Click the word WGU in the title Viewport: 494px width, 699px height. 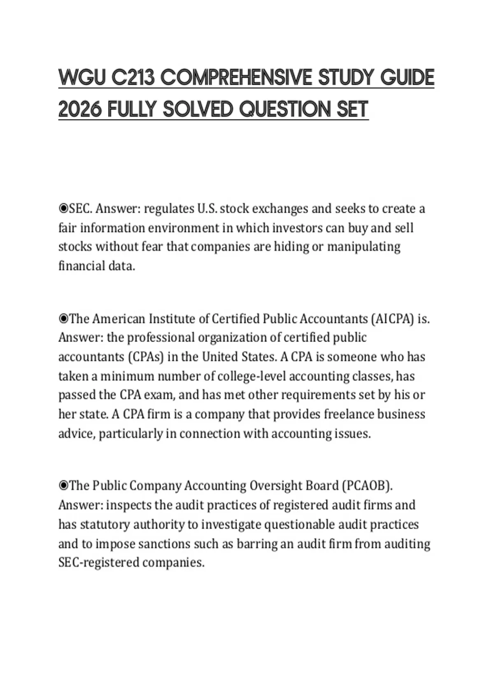tap(82, 78)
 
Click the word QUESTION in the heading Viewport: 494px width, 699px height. tap(285, 109)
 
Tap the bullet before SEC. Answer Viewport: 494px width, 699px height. tap(63, 209)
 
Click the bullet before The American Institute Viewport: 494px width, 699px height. tap(63, 319)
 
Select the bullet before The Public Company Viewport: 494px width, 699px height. tap(63, 486)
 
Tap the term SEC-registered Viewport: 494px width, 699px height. tap(99, 562)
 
